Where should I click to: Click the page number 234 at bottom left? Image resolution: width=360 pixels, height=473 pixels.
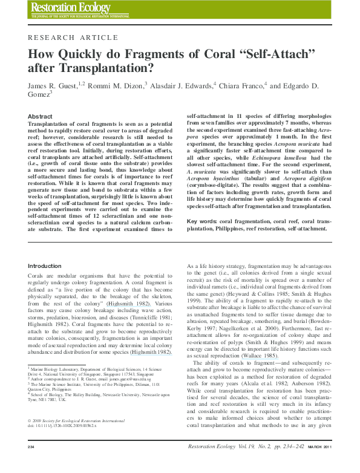[x=31, y=463]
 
